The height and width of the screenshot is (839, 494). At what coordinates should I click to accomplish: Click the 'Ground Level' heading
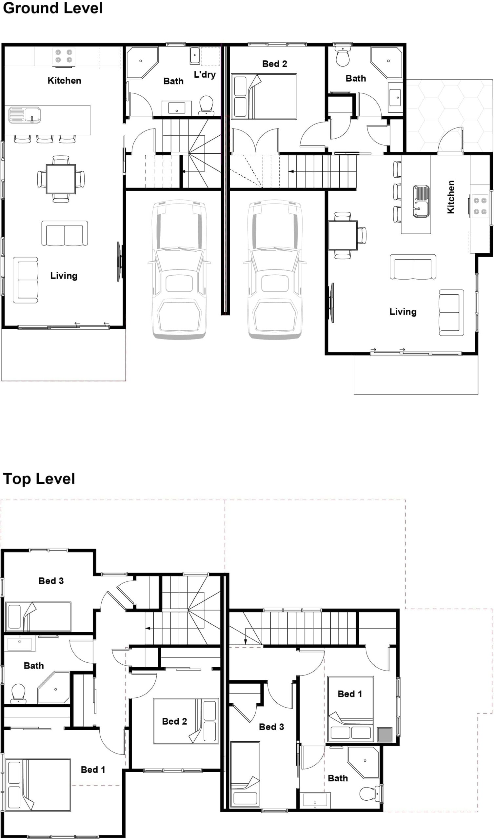coord(53,8)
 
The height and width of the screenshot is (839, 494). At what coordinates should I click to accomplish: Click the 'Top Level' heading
coord(39,479)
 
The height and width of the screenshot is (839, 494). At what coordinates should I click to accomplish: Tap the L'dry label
coord(205,74)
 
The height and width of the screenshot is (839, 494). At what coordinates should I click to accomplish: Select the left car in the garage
coord(179,270)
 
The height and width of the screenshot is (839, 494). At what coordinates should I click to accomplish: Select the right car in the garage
coord(275,270)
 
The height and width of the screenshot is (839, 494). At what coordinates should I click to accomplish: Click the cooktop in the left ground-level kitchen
coord(64,56)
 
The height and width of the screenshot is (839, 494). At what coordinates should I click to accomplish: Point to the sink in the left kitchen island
coord(24,115)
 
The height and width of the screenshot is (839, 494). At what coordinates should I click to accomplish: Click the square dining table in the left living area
coord(61,179)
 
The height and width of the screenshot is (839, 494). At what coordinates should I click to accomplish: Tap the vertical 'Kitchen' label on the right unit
coord(450,197)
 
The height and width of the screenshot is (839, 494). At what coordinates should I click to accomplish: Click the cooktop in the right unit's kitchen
coord(480,206)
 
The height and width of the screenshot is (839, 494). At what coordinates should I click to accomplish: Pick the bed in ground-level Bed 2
coord(264,97)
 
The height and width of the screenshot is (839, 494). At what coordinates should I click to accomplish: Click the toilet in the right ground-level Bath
coord(343,57)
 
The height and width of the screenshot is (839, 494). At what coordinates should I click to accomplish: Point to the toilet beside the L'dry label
coord(207,105)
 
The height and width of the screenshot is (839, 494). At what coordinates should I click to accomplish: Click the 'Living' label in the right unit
coord(403,312)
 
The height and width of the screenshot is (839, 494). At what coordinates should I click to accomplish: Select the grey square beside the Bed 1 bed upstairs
coord(385,734)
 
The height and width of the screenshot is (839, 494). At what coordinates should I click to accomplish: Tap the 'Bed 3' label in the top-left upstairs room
coord(51,581)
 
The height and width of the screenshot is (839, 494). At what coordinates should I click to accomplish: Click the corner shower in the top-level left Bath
coord(54,688)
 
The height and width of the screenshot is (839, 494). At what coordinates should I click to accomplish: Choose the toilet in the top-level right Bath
coord(369,793)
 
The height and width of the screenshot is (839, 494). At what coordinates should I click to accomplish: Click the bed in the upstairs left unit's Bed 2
coord(186,721)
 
